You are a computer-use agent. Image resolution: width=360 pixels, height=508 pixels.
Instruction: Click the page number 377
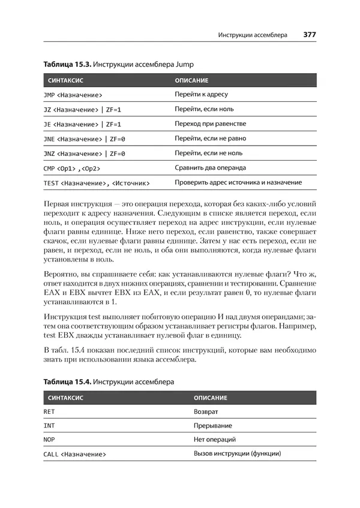click(x=310, y=35)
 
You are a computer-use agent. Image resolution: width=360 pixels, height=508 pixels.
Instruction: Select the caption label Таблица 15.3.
click(x=65, y=63)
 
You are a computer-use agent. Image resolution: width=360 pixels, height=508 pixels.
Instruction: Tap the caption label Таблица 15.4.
click(x=65, y=381)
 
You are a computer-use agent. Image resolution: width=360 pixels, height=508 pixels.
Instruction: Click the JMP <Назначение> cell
click(x=73, y=95)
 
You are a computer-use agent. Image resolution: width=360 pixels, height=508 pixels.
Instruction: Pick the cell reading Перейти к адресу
click(x=201, y=95)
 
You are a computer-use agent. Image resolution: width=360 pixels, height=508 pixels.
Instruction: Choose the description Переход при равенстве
click(x=211, y=124)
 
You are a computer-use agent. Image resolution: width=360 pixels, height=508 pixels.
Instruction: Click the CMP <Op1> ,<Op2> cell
click(x=71, y=168)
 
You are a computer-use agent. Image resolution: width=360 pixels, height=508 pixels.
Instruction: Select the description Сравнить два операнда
click(x=211, y=168)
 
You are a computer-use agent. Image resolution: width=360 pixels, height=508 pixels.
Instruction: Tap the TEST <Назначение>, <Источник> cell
click(x=97, y=182)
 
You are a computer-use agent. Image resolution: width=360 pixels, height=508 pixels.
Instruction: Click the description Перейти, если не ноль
click(x=209, y=153)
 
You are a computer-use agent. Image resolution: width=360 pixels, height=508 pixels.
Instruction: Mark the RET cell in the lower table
click(x=49, y=412)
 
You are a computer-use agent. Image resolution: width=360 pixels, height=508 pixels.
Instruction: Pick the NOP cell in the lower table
click(x=49, y=440)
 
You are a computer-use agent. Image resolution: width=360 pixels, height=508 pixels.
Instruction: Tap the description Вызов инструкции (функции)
click(x=238, y=454)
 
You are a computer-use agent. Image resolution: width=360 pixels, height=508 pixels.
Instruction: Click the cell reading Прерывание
click(x=213, y=426)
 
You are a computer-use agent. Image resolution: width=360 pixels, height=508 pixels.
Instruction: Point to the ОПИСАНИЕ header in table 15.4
click(x=211, y=398)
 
